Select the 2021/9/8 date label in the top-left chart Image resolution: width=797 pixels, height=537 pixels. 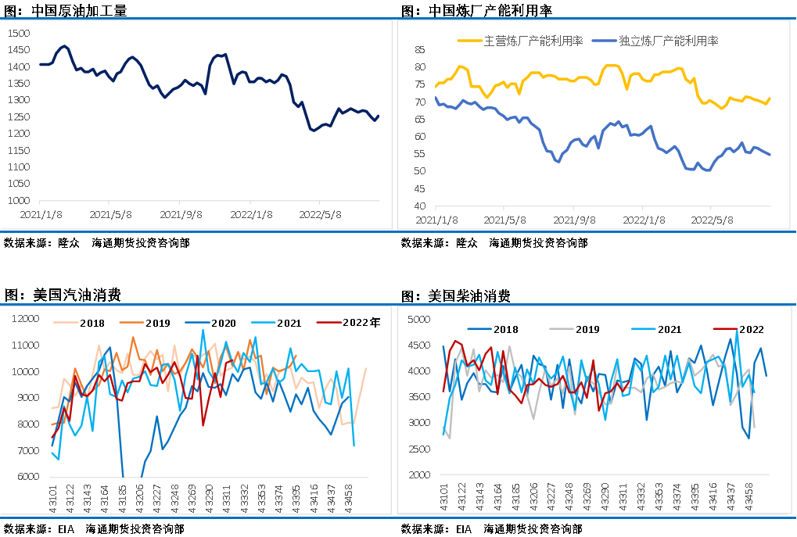pyautogui.click(x=181, y=214)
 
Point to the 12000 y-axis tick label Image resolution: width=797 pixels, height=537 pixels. pyautogui.click(x=23, y=318)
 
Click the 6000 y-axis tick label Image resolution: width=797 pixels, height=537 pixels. pyautogui.click(x=26, y=477)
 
